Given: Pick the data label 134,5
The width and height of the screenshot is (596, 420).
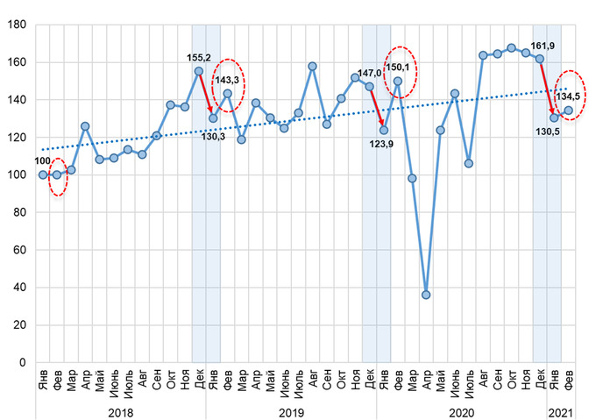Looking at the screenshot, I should coord(573,96).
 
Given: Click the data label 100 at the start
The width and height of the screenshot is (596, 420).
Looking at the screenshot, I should coord(42,161).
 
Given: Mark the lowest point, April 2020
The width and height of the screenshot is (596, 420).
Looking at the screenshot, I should coord(426,295).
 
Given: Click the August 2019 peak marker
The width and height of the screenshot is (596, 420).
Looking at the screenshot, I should coord(312,66).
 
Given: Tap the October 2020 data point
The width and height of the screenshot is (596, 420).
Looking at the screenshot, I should coord(511,47).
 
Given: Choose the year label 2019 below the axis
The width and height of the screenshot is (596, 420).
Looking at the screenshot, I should coord(291,411).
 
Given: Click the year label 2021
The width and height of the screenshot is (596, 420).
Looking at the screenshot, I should coord(561,411).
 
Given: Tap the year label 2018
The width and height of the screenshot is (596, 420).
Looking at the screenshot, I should coord(120,411).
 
